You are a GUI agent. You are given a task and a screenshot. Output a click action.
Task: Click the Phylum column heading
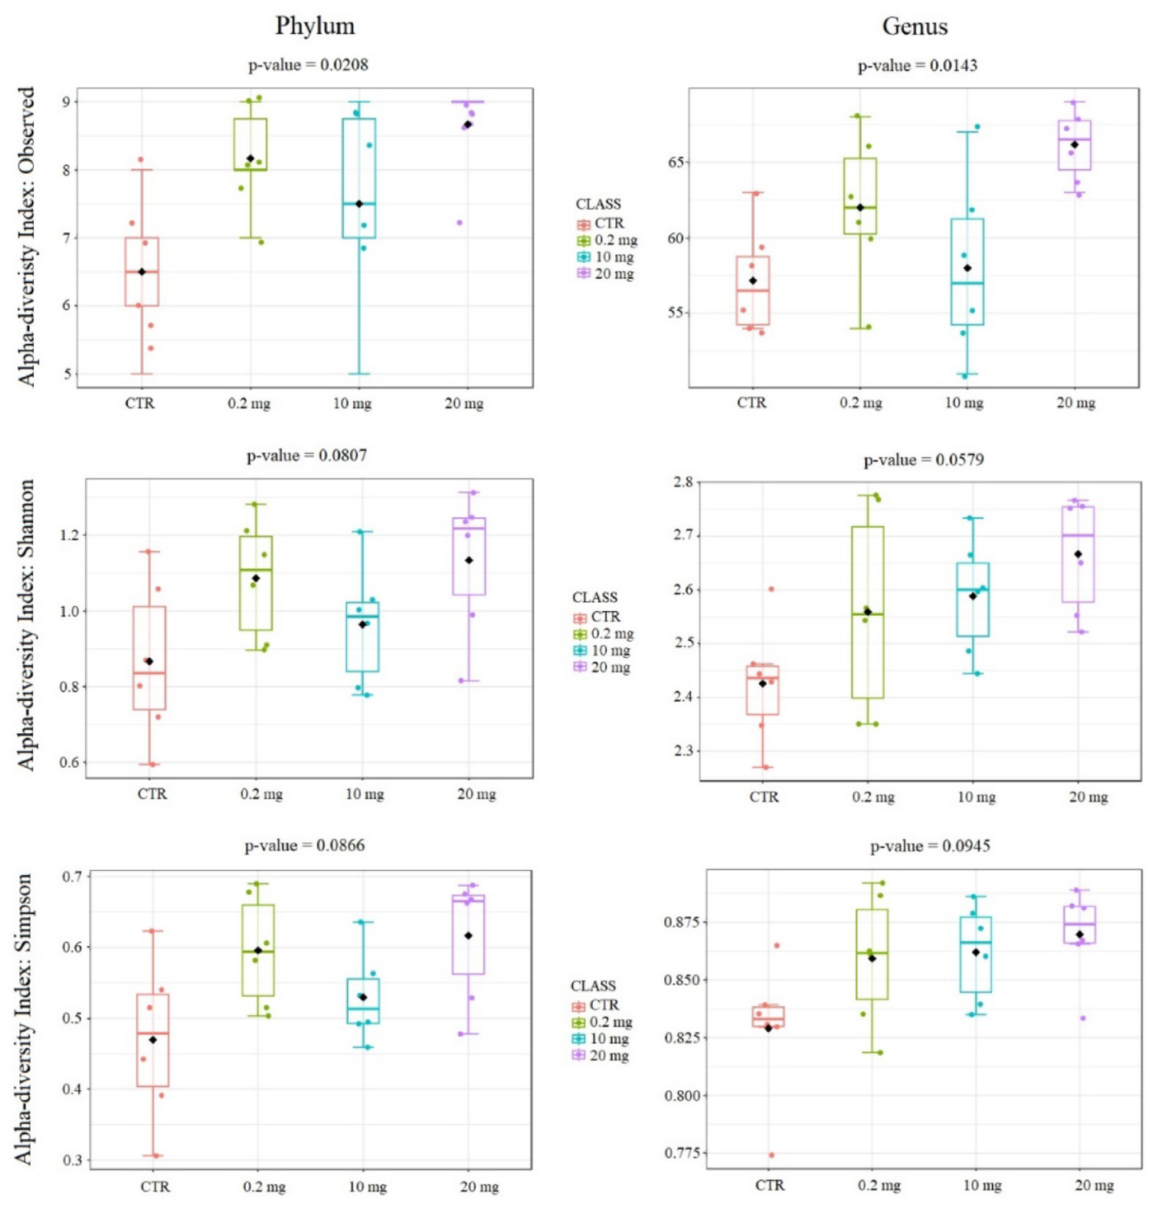coord(315,26)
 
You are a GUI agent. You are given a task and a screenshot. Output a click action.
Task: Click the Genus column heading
coord(915,27)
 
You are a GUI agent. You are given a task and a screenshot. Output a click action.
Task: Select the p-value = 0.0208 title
coord(308,65)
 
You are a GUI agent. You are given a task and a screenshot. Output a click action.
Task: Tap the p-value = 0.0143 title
coord(917,66)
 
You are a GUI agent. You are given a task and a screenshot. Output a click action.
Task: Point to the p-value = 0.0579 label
coord(924,460)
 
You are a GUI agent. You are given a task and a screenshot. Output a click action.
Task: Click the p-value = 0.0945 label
coord(930,846)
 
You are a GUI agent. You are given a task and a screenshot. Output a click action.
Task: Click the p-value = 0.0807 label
coord(306,456)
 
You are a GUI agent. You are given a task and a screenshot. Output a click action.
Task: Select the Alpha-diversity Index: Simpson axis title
coord(25,1019)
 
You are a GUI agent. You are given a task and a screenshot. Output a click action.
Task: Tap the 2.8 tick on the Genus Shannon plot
coord(683,482)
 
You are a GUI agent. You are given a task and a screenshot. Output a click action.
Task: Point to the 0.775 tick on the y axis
coord(682,1153)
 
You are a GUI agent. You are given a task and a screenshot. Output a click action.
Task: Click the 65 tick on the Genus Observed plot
coord(676,162)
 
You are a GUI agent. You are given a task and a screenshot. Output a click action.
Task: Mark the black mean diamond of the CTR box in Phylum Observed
coord(142,272)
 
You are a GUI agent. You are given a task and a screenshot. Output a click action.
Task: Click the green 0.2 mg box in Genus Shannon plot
coord(867,612)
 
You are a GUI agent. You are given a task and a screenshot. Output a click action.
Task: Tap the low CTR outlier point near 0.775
coord(771,1155)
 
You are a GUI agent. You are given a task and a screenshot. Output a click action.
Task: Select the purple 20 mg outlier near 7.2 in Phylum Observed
coord(460,223)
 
